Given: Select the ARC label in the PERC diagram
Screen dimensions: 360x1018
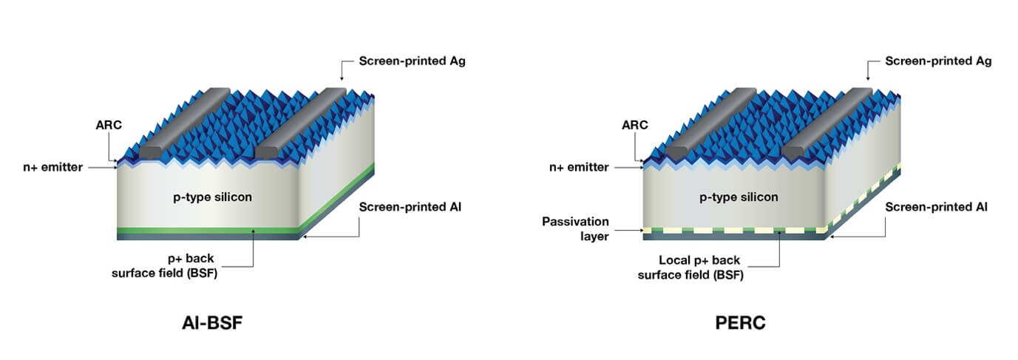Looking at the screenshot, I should point(635,125).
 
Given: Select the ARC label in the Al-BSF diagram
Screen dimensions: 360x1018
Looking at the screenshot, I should point(108,125).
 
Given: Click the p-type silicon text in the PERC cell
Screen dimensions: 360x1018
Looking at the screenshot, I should point(738,197).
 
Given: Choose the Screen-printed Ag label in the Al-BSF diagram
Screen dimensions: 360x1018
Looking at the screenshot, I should point(412,61).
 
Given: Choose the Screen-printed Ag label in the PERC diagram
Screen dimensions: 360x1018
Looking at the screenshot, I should point(938,61).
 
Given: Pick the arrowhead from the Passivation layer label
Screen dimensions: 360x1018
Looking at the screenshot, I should point(640,231).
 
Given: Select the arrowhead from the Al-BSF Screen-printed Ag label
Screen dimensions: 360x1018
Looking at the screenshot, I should point(341,79).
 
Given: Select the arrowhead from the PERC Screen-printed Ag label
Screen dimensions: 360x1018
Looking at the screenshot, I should point(867,79).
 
